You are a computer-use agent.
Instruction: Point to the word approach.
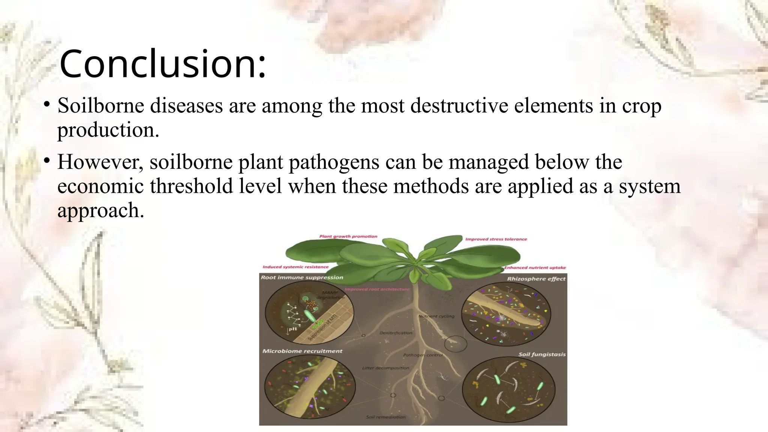point(100,210)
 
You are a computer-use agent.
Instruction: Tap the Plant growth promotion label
point(348,237)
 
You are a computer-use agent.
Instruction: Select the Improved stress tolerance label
point(496,239)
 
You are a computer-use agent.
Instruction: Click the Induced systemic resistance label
point(295,267)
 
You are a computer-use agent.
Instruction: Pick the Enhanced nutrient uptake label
point(535,268)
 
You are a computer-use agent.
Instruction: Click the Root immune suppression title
point(302,277)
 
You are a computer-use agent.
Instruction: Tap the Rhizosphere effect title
point(536,279)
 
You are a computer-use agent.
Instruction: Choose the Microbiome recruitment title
point(302,351)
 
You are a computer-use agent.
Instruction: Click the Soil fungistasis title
point(542,354)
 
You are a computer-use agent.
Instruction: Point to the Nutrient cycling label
point(436,316)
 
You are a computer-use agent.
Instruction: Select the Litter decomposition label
point(385,368)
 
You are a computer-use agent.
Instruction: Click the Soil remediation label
point(385,417)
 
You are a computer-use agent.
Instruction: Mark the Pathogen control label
point(423,355)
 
